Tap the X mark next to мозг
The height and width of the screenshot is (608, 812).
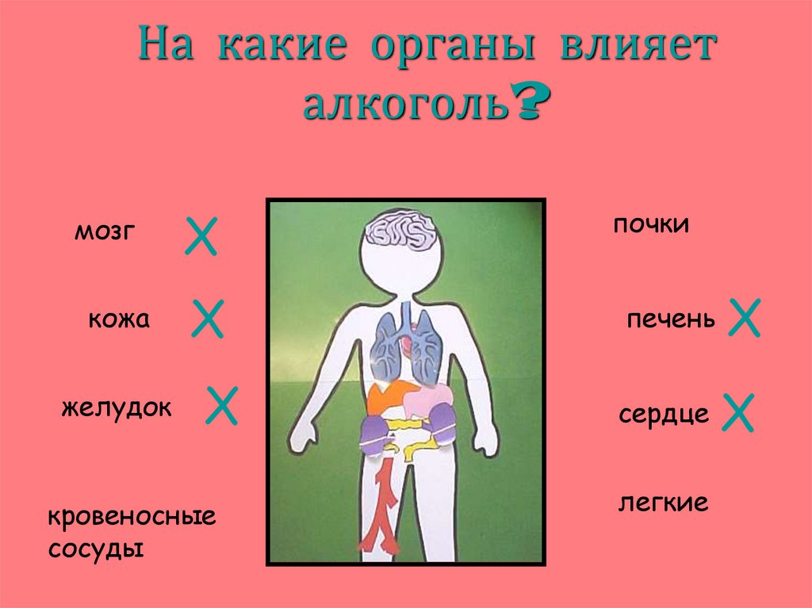[201, 237]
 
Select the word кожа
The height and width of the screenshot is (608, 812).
[119, 320]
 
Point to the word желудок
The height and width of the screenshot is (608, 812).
[117, 408]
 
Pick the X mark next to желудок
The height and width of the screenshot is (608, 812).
[223, 405]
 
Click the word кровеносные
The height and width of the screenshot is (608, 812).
[132, 519]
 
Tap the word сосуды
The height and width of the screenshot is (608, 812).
[96, 549]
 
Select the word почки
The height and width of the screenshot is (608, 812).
[650, 225]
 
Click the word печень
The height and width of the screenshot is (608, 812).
[671, 321]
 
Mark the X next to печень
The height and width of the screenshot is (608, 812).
[745, 318]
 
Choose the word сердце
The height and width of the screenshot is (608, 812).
[664, 415]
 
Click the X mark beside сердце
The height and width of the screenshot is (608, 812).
[737, 412]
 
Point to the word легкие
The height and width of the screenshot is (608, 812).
[663, 503]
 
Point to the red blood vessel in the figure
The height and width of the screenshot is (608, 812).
[384, 511]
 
